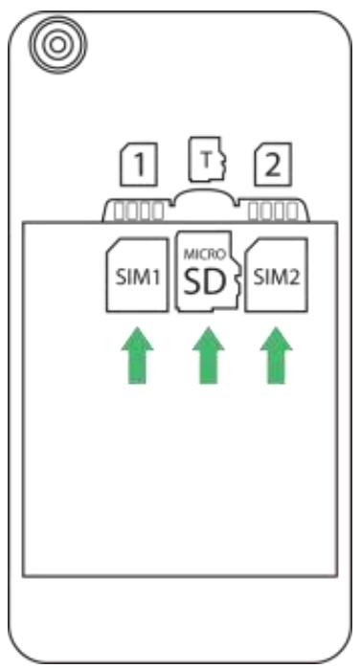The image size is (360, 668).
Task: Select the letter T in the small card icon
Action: [x=207, y=159]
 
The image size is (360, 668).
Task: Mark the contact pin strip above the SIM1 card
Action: [x=136, y=210]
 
